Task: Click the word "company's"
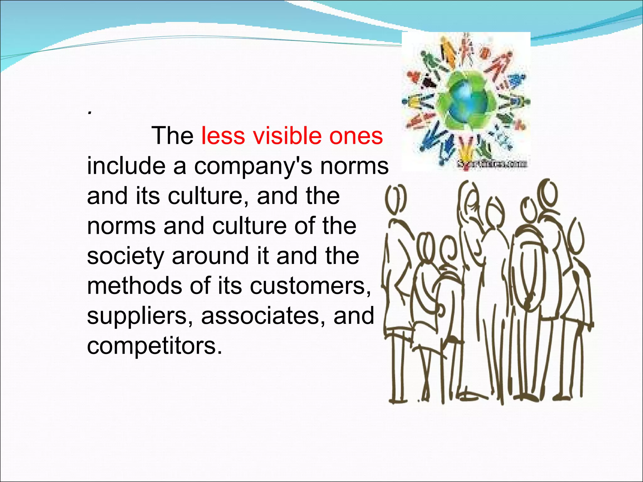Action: [x=253, y=166]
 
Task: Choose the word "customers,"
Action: [x=310, y=286]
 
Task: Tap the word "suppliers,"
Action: [x=140, y=316]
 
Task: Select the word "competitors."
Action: [x=154, y=346]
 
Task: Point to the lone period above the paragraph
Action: [x=90, y=113]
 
